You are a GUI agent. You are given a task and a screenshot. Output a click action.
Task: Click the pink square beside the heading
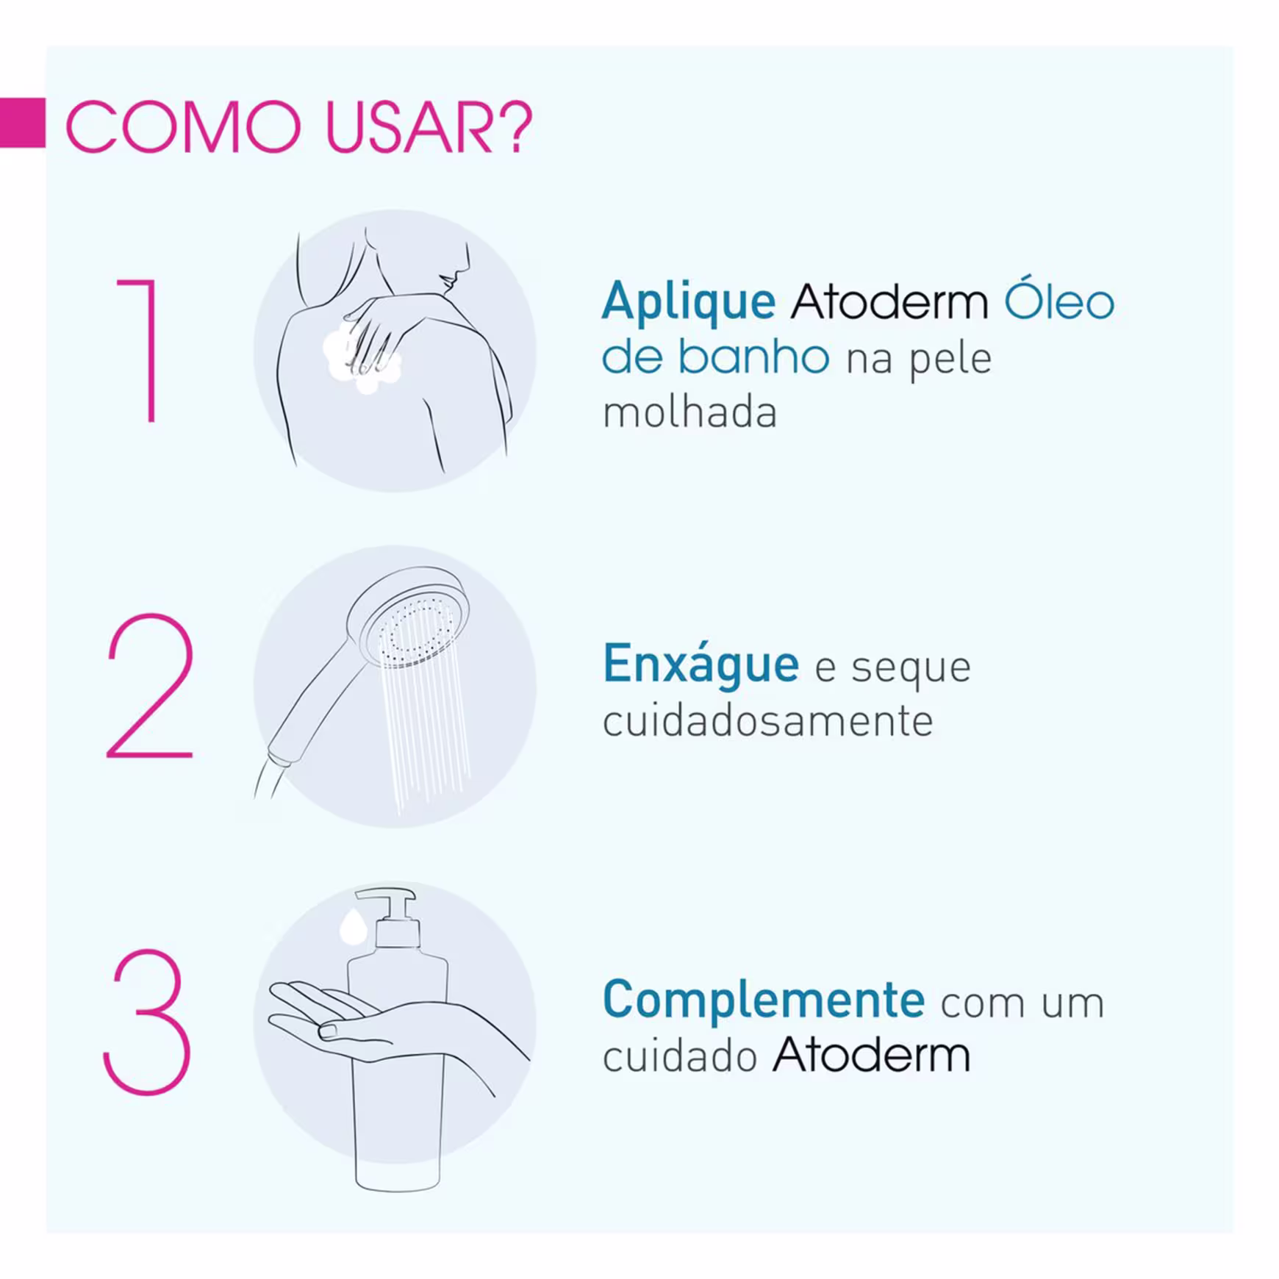tap(23, 122)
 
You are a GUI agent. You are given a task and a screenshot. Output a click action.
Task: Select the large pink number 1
tap(140, 350)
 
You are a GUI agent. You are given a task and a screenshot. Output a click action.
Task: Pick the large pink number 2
tap(151, 685)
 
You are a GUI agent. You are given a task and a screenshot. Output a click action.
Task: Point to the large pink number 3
tap(147, 1022)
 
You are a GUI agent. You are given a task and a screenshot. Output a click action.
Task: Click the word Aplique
tap(689, 303)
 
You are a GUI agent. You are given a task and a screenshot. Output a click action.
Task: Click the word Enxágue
tap(701, 664)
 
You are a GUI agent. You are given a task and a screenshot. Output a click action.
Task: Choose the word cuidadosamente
tap(768, 720)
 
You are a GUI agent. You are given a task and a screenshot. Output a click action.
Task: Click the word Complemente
tap(763, 1000)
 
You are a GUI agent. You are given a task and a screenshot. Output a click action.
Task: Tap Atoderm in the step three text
tap(871, 1055)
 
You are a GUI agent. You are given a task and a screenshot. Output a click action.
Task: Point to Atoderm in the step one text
tap(889, 301)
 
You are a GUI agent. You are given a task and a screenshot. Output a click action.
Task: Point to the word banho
tap(753, 356)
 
